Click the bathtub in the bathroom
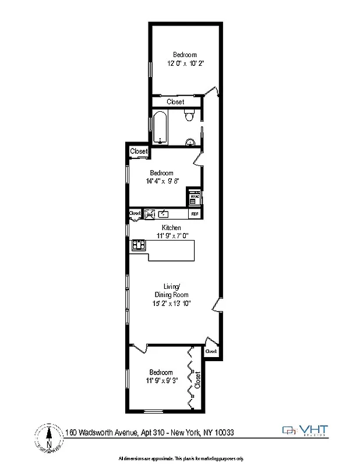pos(160,128)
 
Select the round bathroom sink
pos(190,142)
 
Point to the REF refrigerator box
pos(194,214)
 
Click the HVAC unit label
pos(194,197)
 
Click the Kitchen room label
pos(171,228)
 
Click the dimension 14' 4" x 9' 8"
pos(161,181)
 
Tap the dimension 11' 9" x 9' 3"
pos(161,380)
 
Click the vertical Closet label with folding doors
pos(198,380)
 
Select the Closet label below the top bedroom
pos(175,102)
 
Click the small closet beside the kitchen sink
pos(135,214)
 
